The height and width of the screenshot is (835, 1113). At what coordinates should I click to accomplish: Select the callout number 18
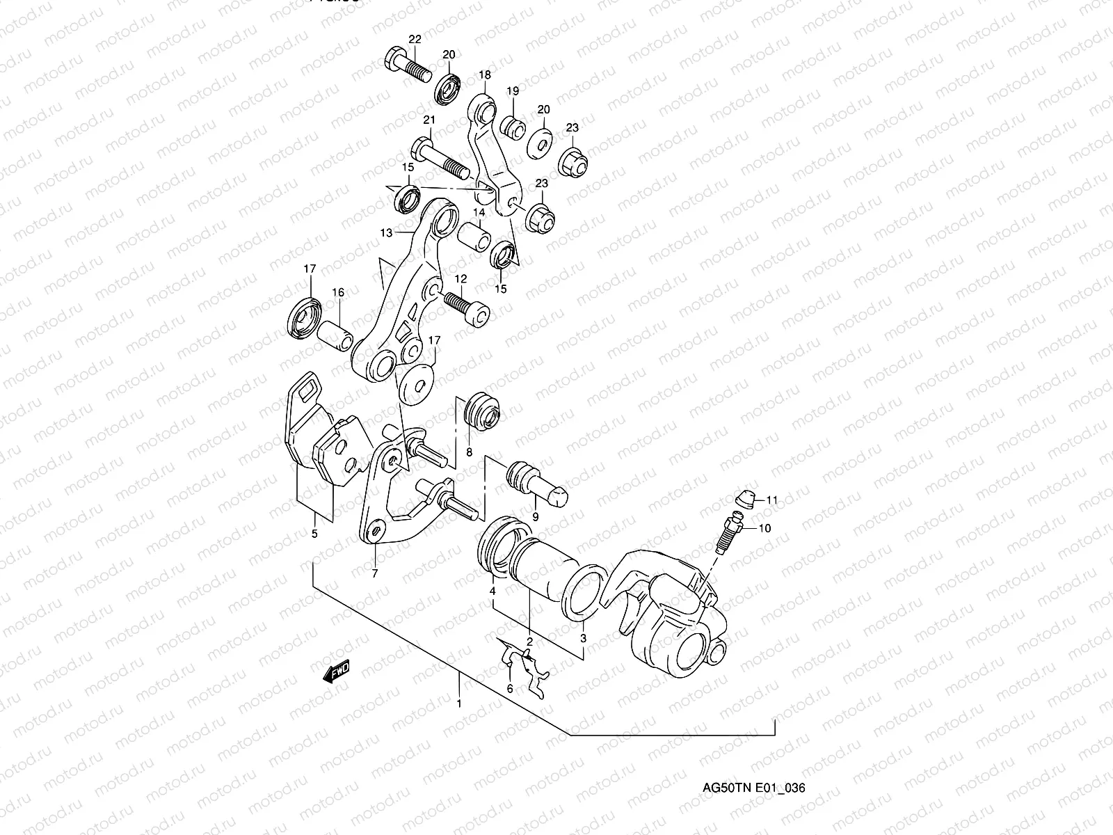pyautogui.click(x=485, y=74)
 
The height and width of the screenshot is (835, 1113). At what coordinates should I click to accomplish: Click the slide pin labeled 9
pyautogui.click(x=537, y=480)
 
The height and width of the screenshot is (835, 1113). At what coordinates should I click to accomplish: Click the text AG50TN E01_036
pyautogui.click(x=754, y=788)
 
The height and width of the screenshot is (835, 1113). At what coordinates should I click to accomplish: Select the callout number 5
pyautogui.click(x=314, y=534)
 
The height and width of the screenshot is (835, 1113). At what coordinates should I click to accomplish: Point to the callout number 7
pyautogui.click(x=374, y=574)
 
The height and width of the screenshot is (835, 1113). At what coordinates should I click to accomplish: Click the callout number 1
pyautogui.click(x=459, y=703)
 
